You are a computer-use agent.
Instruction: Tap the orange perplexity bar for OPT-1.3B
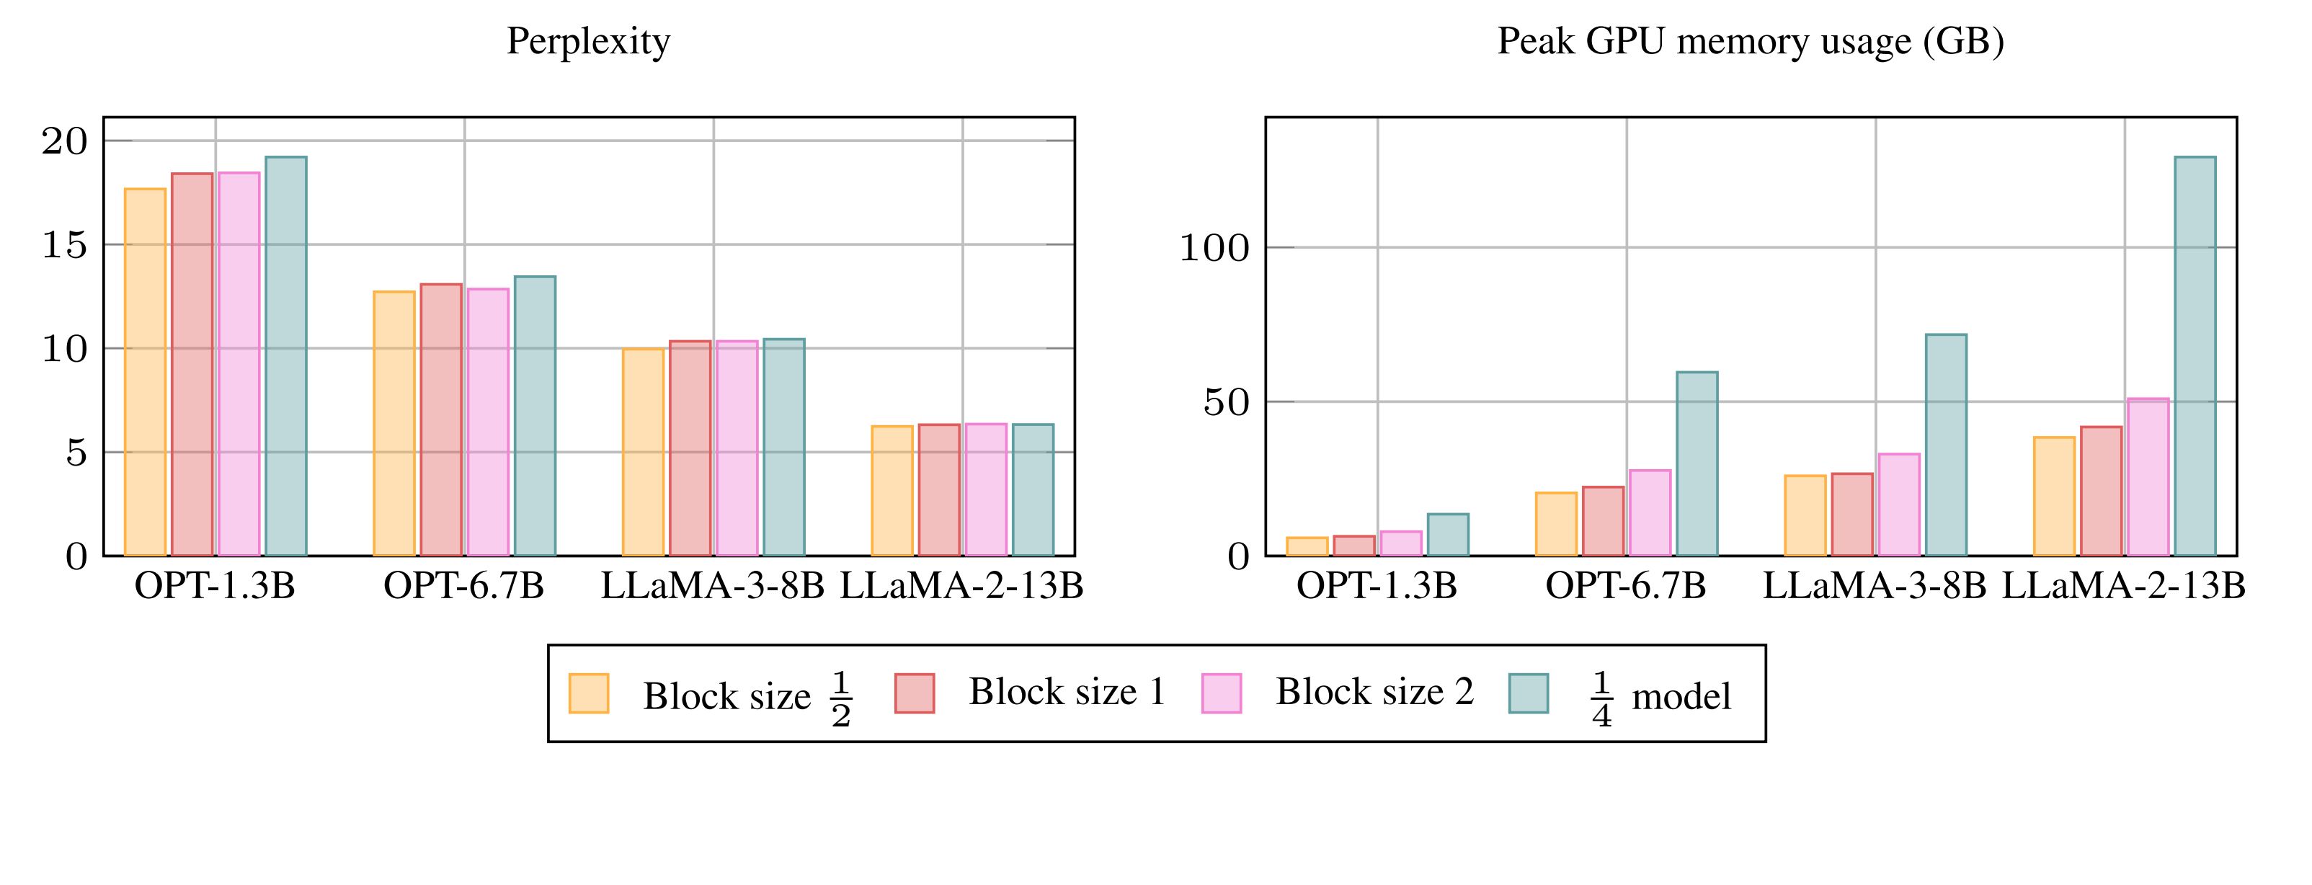(146, 372)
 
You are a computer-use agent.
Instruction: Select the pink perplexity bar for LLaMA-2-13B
(985, 489)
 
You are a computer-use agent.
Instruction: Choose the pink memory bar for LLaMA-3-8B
(1899, 504)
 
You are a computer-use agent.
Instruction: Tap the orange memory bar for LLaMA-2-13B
(2053, 497)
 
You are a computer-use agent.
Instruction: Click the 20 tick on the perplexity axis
(66, 141)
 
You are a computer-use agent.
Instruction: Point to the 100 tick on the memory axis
(1214, 248)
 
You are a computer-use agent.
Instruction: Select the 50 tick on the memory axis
(1226, 402)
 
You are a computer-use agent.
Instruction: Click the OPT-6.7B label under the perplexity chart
(464, 586)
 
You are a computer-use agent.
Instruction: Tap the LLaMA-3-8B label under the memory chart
(1875, 586)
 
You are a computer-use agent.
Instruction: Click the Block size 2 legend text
(1375, 692)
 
